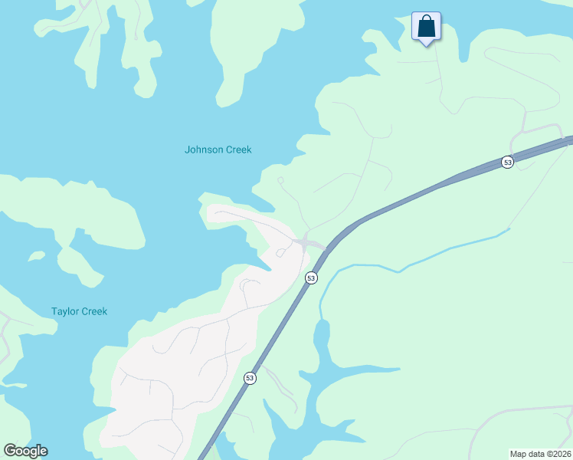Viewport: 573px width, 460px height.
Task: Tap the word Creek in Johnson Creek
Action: pos(239,149)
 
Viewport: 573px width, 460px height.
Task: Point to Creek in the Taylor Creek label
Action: pos(95,311)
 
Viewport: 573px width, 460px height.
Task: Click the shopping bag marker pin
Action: pos(426,26)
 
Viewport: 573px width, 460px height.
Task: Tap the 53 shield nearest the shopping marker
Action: pos(507,162)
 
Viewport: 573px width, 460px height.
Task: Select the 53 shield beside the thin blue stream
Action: pos(310,278)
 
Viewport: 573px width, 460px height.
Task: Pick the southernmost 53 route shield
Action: pos(250,378)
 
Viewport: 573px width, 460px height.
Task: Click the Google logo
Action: pos(25,451)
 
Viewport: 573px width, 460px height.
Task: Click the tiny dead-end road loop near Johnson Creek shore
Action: pos(280,180)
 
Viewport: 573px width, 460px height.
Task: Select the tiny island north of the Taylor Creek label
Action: pos(35,256)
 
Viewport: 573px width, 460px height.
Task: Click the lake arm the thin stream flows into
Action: pos(322,337)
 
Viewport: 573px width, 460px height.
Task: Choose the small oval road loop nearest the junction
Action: pos(280,253)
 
